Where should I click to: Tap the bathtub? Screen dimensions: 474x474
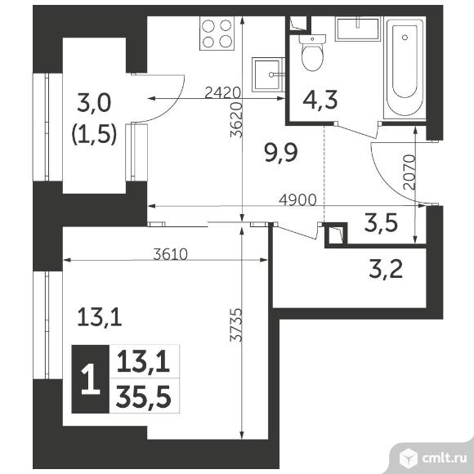(405, 68)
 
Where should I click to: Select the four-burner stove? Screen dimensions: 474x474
(217, 34)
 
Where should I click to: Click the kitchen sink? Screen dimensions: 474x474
(268, 74)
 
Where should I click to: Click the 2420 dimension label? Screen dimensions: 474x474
(222, 92)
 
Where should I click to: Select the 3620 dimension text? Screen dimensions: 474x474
(236, 120)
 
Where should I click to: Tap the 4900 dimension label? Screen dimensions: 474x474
(297, 199)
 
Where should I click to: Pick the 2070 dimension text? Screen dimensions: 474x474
(409, 172)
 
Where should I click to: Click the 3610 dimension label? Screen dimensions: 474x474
(170, 254)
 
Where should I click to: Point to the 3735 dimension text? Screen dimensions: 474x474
(236, 325)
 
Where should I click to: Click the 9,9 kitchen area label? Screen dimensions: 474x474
(281, 153)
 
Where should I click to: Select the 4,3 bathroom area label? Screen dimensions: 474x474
(320, 101)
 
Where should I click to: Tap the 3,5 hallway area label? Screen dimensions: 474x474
(381, 223)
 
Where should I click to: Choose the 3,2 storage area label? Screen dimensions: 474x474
(386, 269)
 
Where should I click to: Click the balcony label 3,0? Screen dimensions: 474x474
(94, 103)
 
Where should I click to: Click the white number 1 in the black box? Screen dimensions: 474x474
(91, 379)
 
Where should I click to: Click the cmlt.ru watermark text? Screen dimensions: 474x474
(444, 458)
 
